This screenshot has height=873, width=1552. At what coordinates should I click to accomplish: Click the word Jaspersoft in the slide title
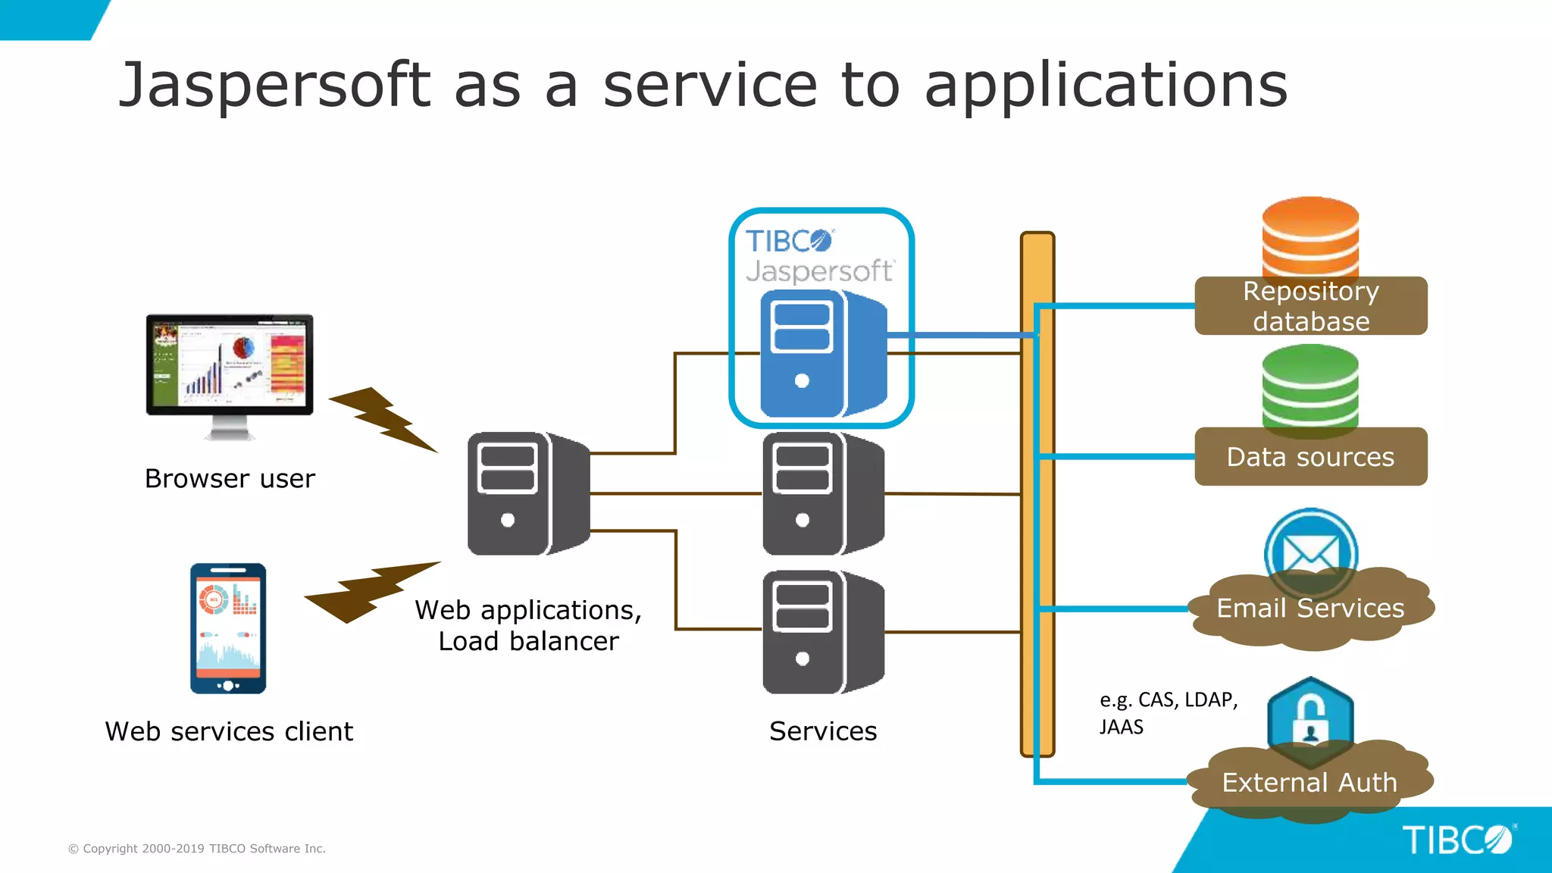tap(274, 85)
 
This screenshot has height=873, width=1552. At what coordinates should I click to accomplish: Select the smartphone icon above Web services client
tap(228, 628)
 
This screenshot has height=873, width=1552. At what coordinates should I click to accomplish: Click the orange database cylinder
tap(1310, 236)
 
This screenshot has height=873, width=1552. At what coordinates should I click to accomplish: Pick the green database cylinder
tap(1310, 385)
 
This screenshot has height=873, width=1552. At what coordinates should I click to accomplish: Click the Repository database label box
tap(1310, 306)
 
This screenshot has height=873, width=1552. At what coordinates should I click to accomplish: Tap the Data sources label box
tap(1310, 457)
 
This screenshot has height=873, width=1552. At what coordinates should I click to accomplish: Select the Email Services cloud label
tap(1310, 609)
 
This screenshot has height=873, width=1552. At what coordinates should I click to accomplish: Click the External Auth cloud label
tap(1309, 782)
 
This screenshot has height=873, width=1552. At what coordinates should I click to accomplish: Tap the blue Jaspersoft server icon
tap(822, 355)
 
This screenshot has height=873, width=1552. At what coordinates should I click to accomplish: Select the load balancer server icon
tap(527, 493)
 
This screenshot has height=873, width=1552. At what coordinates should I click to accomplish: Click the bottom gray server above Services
tap(822, 632)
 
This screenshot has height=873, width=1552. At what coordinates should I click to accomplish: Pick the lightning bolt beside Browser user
tap(383, 419)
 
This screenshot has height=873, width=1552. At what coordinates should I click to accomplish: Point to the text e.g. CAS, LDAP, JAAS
tap(1168, 713)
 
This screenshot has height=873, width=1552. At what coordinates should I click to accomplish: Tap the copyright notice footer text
tap(197, 849)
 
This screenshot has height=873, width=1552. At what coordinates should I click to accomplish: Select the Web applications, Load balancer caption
tap(528, 626)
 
